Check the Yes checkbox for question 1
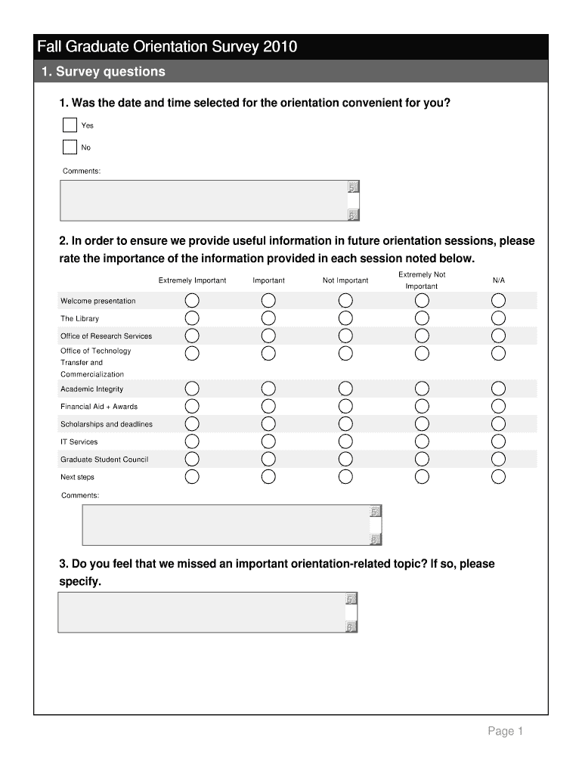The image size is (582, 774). [x=70, y=125]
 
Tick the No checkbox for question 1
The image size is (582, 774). [x=70, y=147]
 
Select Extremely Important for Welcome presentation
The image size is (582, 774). [x=192, y=301]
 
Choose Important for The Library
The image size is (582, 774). [x=268, y=318]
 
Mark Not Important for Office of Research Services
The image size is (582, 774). [x=345, y=336]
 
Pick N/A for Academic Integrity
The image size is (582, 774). [x=498, y=389]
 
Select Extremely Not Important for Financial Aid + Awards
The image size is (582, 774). [x=422, y=407]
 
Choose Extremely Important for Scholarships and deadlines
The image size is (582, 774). [x=192, y=424]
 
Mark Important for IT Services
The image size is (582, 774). [x=268, y=441]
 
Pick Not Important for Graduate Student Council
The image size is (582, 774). [x=345, y=459]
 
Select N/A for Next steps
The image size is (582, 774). [x=498, y=476]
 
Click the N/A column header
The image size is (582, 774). [x=498, y=280]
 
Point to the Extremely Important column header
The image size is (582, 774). [x=192, y=280]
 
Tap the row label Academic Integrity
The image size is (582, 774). [x=91, y=389]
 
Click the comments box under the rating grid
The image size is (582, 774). [x=225, y=525]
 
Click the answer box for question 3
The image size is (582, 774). [x=201, y=612]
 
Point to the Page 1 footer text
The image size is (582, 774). [x=505, y=731]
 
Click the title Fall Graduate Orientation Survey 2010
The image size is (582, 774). [x=167, y=48]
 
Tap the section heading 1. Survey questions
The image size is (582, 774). [x=103, y=72]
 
